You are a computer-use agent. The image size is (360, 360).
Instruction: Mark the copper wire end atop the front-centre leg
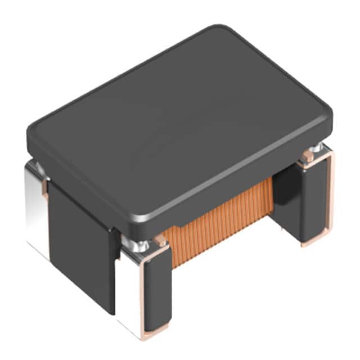(x=161, y=242)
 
